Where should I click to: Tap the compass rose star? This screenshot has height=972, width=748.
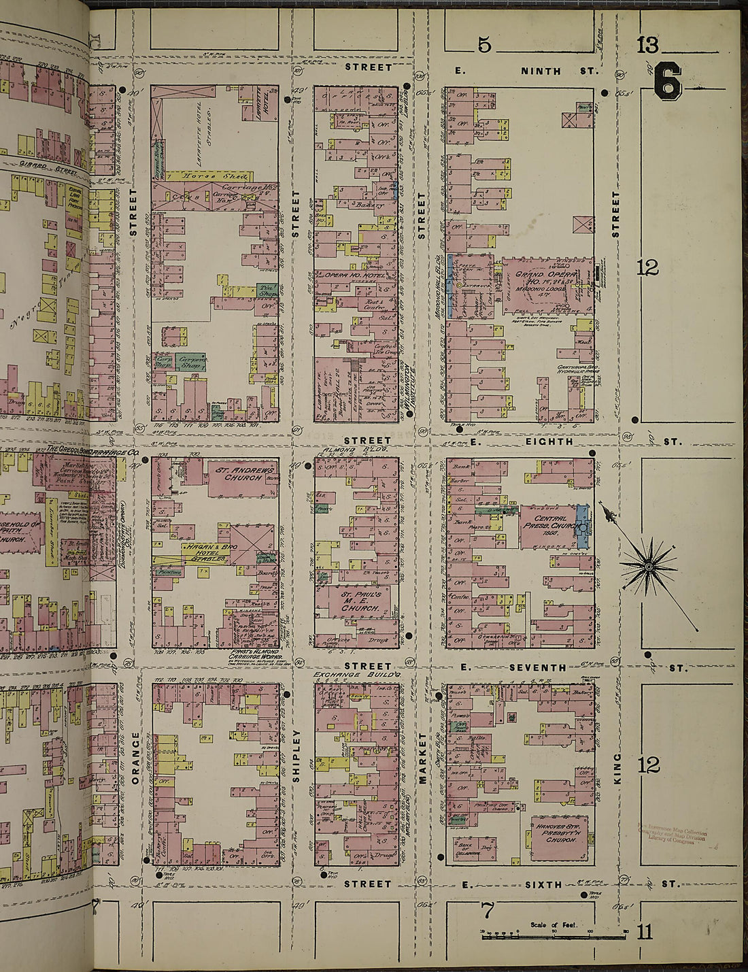(648, 565)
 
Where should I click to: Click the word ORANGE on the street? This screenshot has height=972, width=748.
(135, 758)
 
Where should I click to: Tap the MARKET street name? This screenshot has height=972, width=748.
(422, 758)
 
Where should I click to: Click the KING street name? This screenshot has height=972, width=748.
(617, 768)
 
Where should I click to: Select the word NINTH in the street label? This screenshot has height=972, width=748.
(541, 71)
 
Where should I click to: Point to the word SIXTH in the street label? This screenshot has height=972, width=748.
(545, 884)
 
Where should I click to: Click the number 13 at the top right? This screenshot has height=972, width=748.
(647, 46)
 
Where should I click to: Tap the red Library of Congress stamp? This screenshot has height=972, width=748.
(672, 835)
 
